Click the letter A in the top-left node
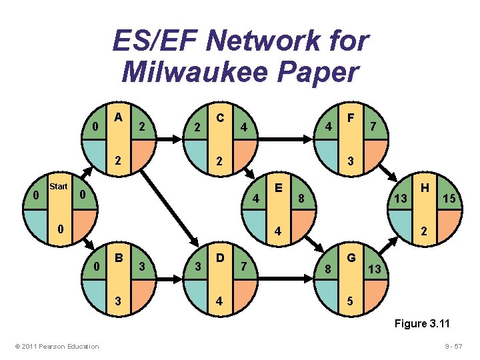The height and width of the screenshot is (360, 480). pyautogui.click(x=119, y=117)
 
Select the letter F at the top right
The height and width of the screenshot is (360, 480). pyautogui.click(x=351, y=117)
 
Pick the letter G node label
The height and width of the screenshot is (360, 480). pyautogui.click(x=351, y=257)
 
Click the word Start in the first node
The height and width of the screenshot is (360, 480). pyautogui.click(x=59, y=187)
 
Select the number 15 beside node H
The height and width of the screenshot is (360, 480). pyautogui.click(x=450, y=199)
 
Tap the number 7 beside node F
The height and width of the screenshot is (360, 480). pyautogui.click(x=374, y=126)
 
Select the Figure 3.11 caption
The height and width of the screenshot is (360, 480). pyautogui.click(x=423, y=324)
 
